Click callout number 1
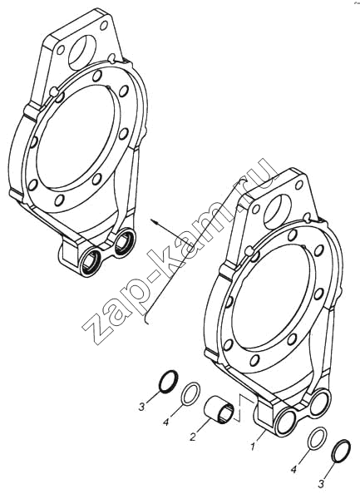(252, 447)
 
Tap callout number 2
(192, 437)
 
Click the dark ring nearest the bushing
(168, 381)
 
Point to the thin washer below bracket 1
(317, 439)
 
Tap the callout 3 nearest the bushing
(141, 407)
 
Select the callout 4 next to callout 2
(165, 422)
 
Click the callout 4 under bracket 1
(294, 469)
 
